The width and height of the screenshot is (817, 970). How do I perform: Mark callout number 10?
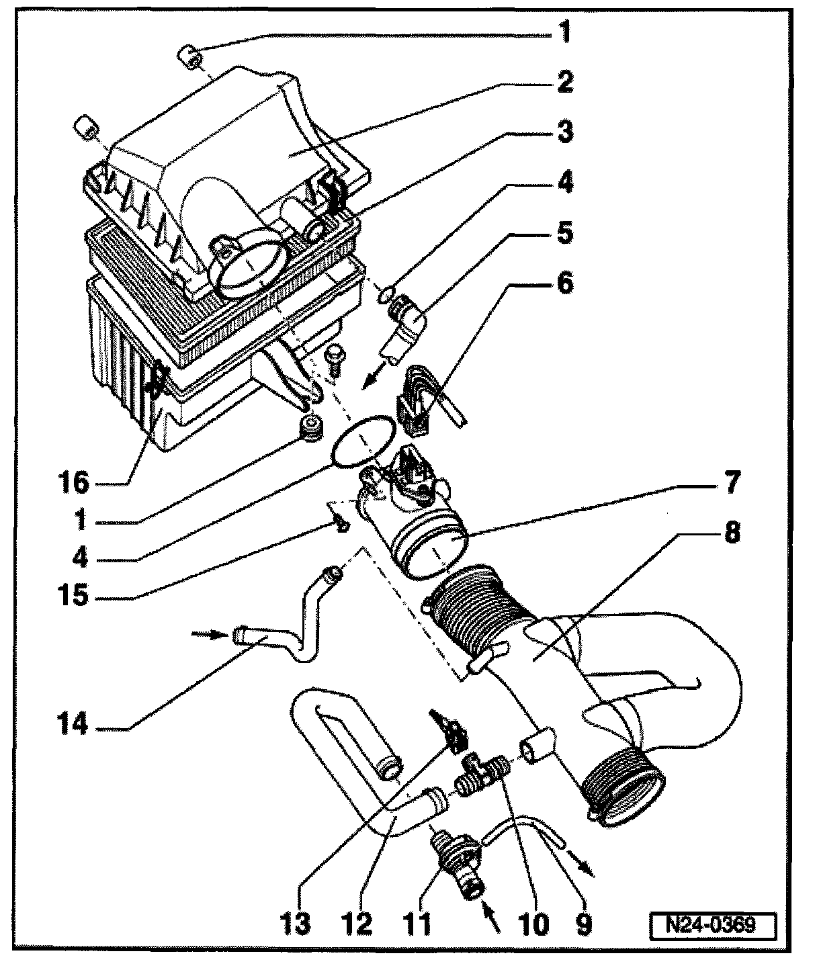click(x=535, y=925)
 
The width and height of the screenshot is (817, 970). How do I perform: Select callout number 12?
click(x=357, y=925)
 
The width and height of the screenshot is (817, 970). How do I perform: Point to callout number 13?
click(x=297, y=925)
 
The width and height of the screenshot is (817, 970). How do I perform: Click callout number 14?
click(x=73, y=724)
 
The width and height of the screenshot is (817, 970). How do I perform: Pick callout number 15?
click(x=73, y=596)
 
